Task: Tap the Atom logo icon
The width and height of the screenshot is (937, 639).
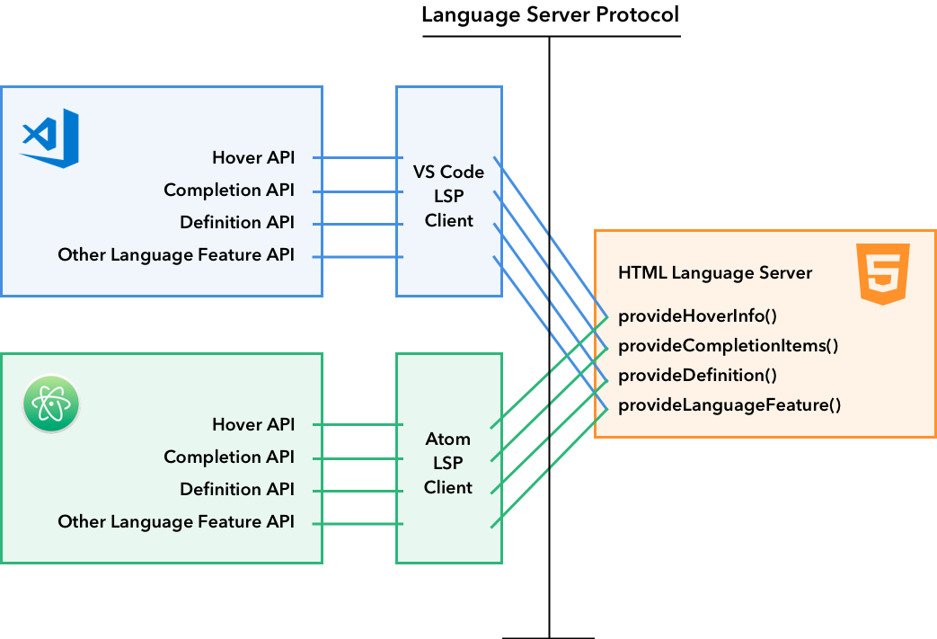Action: [51, 404]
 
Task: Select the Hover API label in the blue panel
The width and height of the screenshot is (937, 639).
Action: [253, 157]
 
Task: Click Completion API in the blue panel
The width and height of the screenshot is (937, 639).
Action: [229, 190]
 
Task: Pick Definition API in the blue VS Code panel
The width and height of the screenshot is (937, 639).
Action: [237, 222]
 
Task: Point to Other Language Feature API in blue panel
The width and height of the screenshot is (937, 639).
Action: [176, 255]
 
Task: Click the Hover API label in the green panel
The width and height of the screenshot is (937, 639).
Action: [253, 424]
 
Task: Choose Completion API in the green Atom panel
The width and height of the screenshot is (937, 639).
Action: [229, 457]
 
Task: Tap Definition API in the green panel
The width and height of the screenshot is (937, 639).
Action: [237, 489]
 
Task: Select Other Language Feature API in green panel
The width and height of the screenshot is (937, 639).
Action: [176, 521]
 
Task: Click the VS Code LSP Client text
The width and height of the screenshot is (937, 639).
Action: [448, 196]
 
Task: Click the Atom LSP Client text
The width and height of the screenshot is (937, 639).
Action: [448, 463]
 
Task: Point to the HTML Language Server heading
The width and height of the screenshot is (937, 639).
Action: [715, 272]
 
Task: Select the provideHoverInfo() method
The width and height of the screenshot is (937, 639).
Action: [697, 315]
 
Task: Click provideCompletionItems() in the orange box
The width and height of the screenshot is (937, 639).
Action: [728, 345]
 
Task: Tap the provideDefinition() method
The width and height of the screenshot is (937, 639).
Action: [697, 375]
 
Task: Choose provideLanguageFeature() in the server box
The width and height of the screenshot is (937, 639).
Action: [729, 404]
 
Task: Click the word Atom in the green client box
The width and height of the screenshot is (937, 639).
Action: [448, 439]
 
